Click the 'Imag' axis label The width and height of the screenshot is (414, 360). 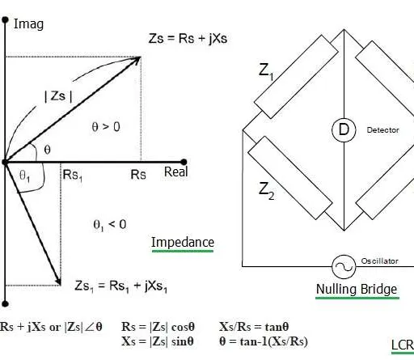click(28, 24)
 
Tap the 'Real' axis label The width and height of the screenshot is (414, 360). click(176, 172)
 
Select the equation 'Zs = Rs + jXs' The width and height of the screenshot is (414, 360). click(188, 38)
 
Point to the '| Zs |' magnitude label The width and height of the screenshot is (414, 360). click(58, 96)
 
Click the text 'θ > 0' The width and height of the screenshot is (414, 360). click(106, 126)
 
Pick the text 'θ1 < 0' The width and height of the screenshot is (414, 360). click(110, 225)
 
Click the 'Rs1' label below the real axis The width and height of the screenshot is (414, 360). click(73, 176)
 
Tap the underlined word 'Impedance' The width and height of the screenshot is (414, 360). click(183, 243)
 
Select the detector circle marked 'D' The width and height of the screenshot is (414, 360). click(344, 129)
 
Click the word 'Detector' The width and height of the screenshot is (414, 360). click(382, 130)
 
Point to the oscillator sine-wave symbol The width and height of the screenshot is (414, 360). click(344, 267)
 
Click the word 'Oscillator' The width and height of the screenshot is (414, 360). click(379, 261)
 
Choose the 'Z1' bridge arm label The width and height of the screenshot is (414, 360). click(266, 71)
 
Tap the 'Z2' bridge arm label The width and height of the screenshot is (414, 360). click(266, 190)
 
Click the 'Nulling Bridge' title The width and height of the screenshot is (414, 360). click(357, 289)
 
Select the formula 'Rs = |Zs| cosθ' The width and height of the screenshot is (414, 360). click(158, 327)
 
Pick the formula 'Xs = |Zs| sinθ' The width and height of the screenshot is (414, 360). click(158, 341)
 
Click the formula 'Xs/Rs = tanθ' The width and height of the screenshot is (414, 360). click(254, 327)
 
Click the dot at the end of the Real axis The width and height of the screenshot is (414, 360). click(184, 162)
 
